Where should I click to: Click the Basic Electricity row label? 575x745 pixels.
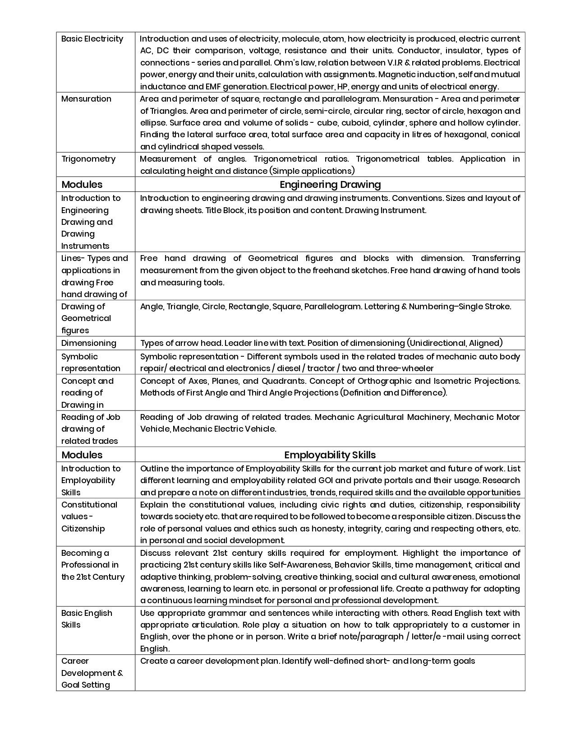coord(92,39)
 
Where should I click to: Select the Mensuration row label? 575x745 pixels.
coord(86,99)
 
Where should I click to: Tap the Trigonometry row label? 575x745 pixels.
coord(88,159)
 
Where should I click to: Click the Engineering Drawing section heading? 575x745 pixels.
coord(330,184)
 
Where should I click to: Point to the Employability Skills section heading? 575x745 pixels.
coord(330,455)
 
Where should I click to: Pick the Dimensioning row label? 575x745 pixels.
coord(89,343)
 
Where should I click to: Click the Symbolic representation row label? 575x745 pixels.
coord(91,362)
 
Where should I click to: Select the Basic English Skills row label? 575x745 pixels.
coord(87,619)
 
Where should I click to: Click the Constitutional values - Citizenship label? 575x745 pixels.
coord(89,517)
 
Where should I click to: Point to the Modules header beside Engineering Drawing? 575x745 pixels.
coord(82,184)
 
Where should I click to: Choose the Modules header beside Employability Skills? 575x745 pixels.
coord(82,455)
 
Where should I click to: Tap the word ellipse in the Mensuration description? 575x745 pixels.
coord(153,123)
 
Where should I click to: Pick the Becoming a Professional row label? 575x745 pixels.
coord(92,565)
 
